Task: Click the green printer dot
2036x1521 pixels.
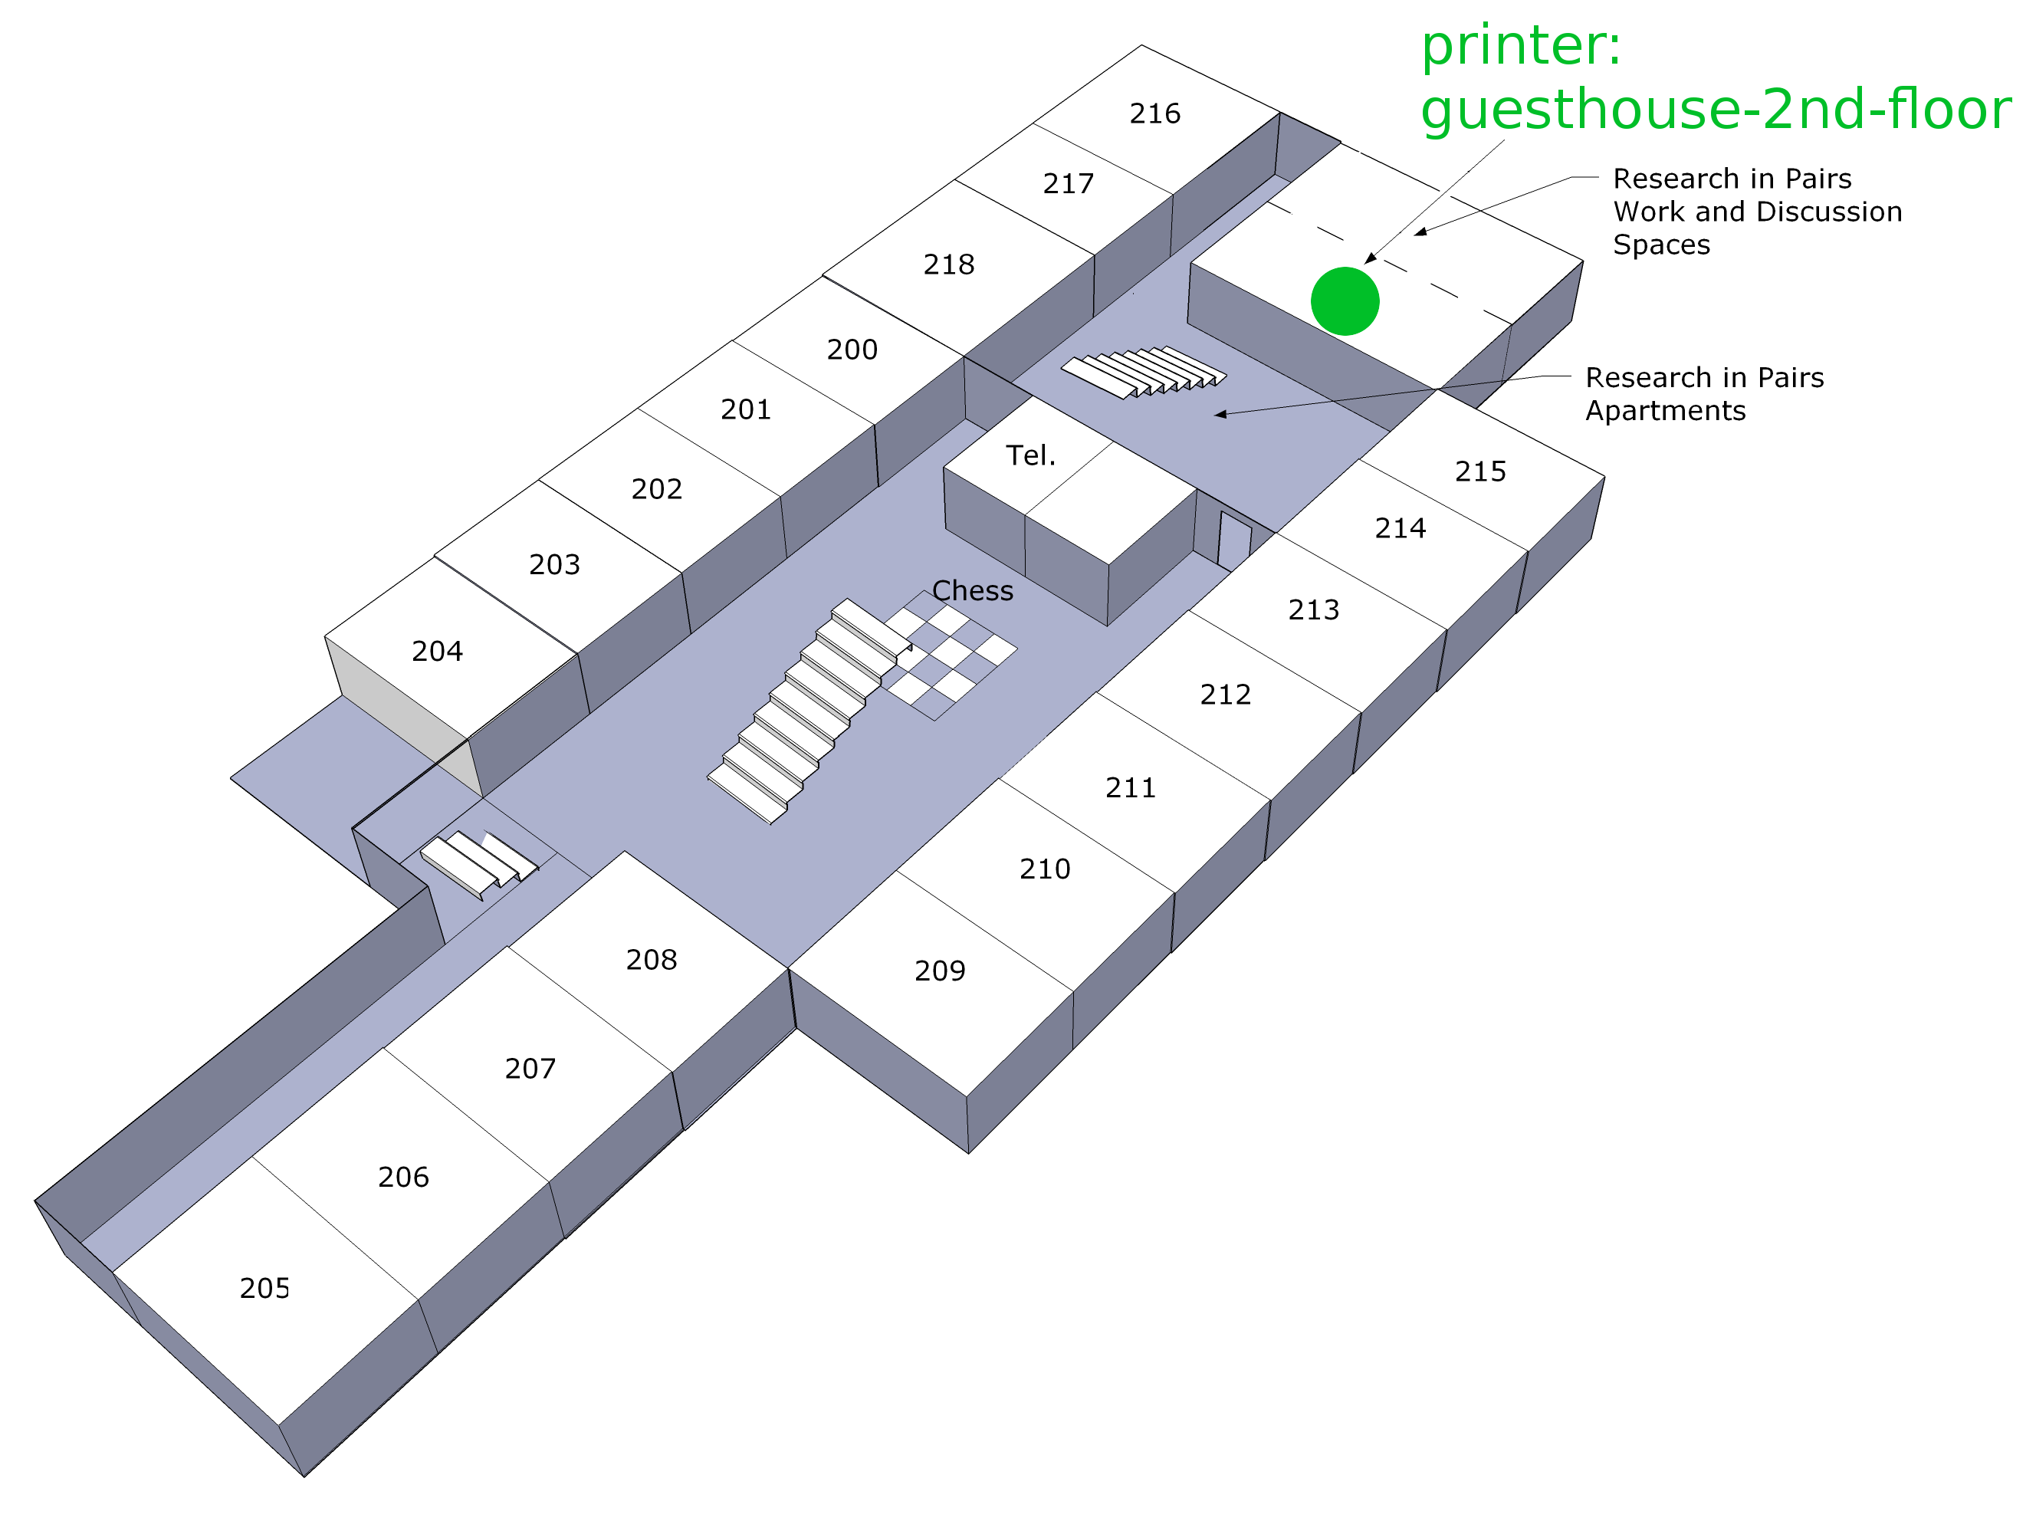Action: click(x=1345, y=301)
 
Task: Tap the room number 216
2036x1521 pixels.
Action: click(x=1155, y=113)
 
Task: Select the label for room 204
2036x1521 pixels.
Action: click(x=437, y=651)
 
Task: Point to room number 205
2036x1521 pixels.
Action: click(x=265, y=1288)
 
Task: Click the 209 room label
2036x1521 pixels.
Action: click(x=940, y=971)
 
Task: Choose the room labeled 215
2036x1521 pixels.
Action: click(x=1480, y=471)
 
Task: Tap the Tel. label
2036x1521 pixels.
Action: click(x=1031, y=455)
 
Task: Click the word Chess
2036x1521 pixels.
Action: click(x=973, y=591)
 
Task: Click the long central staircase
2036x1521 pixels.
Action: click(x=810, y=711)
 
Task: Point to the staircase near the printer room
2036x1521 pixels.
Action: click(x=1144, y=372)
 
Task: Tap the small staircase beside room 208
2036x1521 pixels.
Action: click(x=478, y=866)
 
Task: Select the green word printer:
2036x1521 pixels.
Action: click(x=1521, y=46)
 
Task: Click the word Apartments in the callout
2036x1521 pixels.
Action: click(x=1666, y=411)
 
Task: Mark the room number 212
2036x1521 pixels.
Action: click(x=1225, y=695)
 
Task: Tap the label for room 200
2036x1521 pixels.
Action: click(x=852, y=350)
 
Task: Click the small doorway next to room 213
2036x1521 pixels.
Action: click(x=1233, y=540)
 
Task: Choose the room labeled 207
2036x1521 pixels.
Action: click(x=530, y=1068)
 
